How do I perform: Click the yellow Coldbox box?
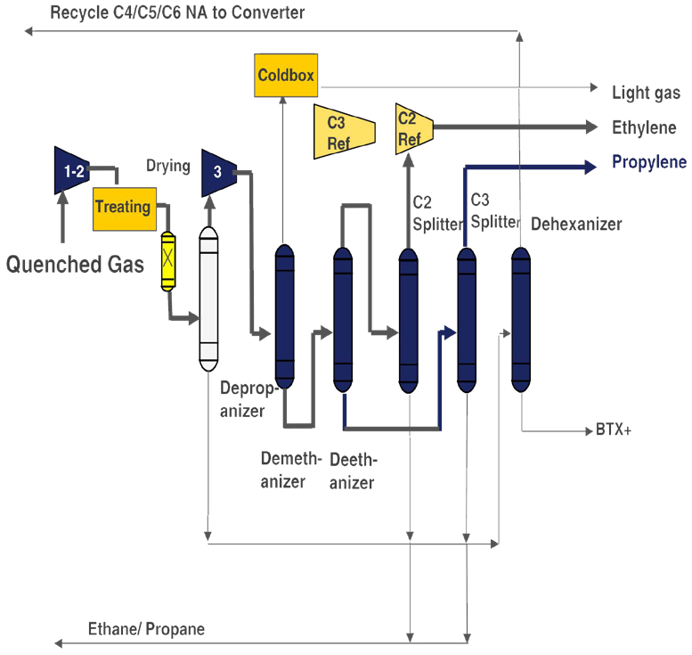286,75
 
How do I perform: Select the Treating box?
125,209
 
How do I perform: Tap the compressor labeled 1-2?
71,170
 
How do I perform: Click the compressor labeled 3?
219,173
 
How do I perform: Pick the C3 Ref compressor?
345,132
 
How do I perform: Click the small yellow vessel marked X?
168,261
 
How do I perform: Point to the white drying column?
208,299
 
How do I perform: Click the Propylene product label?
649,162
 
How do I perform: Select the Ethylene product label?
644,127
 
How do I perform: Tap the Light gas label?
646,93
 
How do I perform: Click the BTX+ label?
614,430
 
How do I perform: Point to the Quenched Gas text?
75,264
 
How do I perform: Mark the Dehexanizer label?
576,224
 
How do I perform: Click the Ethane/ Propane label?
147,628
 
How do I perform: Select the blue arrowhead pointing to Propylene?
590,167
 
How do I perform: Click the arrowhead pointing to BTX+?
589,431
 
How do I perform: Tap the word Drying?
168,166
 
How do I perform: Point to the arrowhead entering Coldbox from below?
283,101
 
